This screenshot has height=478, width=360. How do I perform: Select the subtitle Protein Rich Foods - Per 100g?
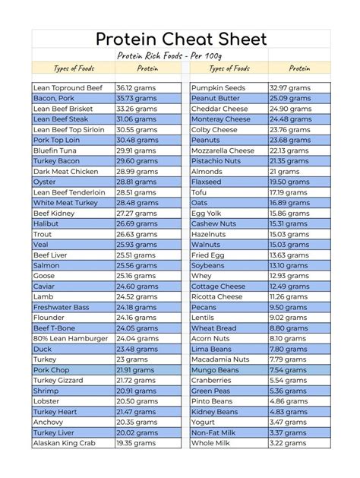pos(179,56)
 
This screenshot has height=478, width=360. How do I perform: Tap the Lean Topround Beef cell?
pos(68,88)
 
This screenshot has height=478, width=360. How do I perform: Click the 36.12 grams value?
pos(137,88)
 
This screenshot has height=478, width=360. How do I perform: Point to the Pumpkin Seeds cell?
pos(218,88)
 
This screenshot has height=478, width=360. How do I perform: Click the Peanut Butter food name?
pos(216,99)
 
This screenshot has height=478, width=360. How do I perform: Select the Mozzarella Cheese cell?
pos(223,151)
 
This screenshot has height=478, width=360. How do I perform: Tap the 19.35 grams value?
pos(137,442)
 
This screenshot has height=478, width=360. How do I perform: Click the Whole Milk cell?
pos(212,442)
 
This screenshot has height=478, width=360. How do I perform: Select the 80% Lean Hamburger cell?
pos(71,338)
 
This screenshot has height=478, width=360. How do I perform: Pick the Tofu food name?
pos(199,192)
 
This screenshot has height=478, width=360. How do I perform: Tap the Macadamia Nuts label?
pos(220,359)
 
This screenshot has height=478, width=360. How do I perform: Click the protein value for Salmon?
pos(137,265)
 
